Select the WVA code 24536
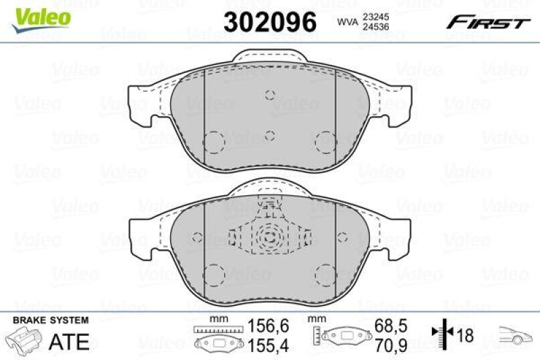click(x=376, y=27)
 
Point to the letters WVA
click(x=347, y=22)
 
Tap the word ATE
click(x=70, y=341)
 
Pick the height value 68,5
click(x=397, y=326)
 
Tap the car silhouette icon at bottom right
click(x=516, y=334)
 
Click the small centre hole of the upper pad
click(x=269, y=135)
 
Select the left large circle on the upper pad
click(x=214, y=141)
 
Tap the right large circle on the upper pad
click(x=325, y=141)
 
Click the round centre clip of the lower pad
click(x=269, y=237)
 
